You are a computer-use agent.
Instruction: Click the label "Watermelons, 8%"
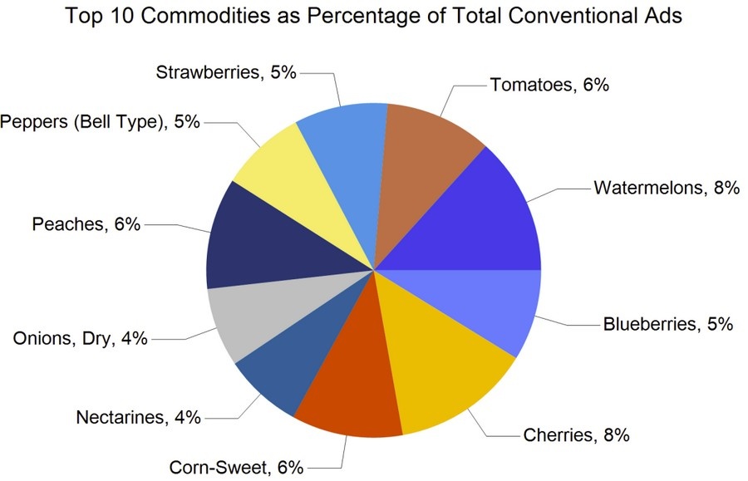[x=666, y=188]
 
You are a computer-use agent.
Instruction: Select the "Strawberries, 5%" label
[x=227, y=72]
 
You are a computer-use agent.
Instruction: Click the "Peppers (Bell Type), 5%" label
[x=101, y=122]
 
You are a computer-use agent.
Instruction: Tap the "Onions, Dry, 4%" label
[x=80, y=339]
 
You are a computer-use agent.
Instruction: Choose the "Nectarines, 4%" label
[x=138, y=418]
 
